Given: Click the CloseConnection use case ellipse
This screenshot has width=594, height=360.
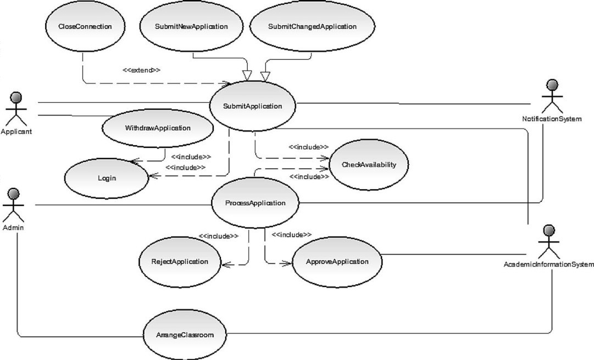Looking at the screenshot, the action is pyautogui.click(x=85, y=26).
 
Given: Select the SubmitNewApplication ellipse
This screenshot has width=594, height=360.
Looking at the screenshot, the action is pyautogui.click(x=191, y=26).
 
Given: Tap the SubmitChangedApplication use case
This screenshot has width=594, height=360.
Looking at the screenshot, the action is pyautogui.click(x=312, y=26).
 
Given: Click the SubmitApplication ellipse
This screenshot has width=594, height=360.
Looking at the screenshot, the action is pyautogui.click(x=252, y=106).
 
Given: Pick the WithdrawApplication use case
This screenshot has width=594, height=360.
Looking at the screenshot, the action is pyautogui.click(x=158, y=128).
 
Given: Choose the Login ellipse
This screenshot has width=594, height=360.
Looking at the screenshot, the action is pyautogui.click(x=107, y=178).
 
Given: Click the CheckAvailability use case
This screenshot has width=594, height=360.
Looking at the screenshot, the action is pyautogui.click(x=369, y=164).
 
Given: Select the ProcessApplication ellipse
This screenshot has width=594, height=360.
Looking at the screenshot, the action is pyautogui.click(x=255, y=203).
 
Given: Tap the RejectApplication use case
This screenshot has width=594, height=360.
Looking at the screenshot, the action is pyautogui.click(x=180, y=262).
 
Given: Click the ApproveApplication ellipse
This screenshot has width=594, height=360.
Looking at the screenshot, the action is pyautogui.click(x=337, y=262).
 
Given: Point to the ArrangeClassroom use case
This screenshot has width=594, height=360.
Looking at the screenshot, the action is pyautogui.click(x=185, y=335).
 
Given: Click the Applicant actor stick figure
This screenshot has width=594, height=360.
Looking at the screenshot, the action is pyautogui.click(x=16, y=109).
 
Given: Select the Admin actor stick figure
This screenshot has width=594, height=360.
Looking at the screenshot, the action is pyautogui.click(x=13, y=205).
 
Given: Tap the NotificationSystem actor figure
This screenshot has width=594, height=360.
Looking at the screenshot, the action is pyautogui.click(x=552, y=96).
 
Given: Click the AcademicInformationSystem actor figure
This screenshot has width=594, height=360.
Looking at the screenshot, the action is pyautogui.click(x=549, y=242).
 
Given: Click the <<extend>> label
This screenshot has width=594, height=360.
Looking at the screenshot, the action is pyautogui.click(x=141, y=70).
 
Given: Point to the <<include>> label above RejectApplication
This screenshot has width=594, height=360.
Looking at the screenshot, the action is pyautogui.click(x=219, y=236).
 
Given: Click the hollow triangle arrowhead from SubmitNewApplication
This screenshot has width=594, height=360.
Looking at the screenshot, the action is pyautogui.click(x=247, y=75).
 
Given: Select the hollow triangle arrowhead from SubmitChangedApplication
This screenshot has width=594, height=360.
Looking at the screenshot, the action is pyautogui.click(x=265, y=76).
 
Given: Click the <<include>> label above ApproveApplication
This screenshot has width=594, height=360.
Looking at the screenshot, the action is pyautogui.click(x=292, y=235).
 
